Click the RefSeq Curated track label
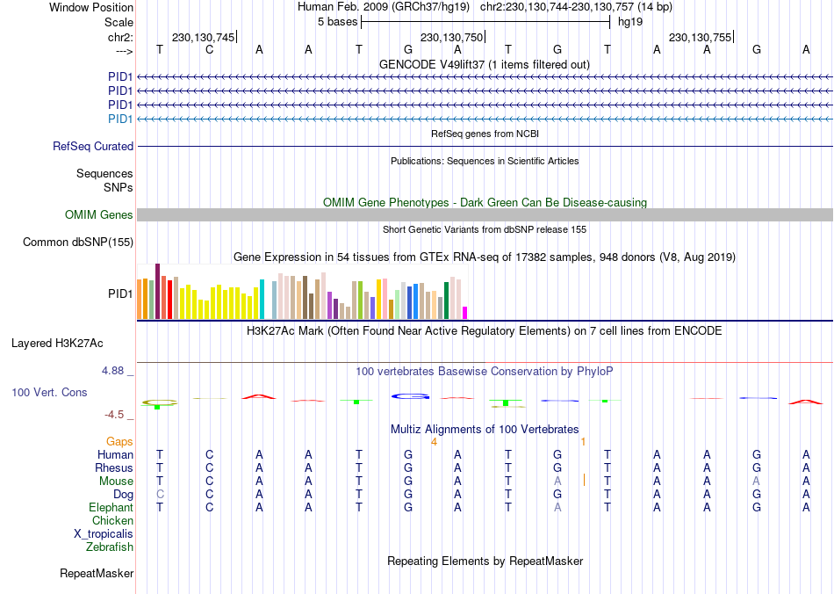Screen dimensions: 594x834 93,147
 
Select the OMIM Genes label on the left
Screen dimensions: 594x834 99,215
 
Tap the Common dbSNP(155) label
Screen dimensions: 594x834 78,243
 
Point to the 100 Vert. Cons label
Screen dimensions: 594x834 49,392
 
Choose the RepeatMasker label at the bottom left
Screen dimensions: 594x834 97,574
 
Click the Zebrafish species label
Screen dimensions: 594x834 110,547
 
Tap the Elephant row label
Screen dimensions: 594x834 111,508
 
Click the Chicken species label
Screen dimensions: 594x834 112,521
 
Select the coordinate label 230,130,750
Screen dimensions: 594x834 451,38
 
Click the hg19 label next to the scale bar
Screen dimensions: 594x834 629,21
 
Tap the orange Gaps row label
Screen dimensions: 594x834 119,441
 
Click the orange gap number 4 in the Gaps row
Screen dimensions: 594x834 434,441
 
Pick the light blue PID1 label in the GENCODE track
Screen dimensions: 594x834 120,119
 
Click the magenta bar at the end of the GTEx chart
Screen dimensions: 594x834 465,312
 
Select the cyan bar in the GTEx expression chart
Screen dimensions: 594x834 262,299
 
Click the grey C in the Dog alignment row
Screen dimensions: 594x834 160,495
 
